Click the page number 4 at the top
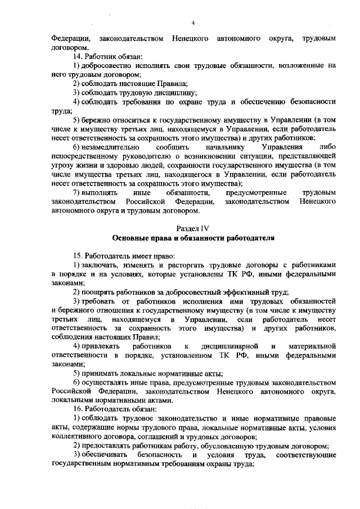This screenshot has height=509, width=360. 192,23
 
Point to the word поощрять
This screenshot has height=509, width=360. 100,291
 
